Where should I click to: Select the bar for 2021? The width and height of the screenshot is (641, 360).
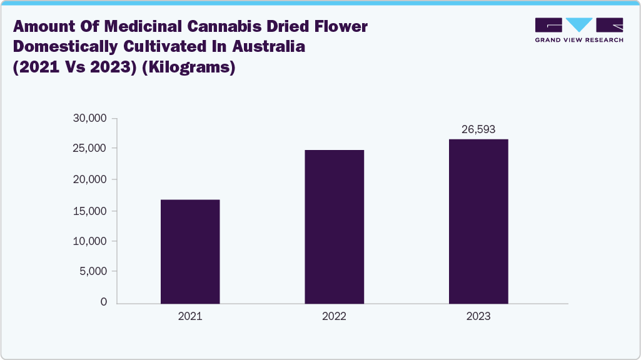[x=190, y=251]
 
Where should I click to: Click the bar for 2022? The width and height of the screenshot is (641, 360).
[x=334, y=226]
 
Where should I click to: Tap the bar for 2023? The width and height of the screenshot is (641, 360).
[x=478, y=221]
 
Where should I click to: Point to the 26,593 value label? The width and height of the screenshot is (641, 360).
[x=478, y=129]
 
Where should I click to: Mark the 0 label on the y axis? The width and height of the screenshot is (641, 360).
[x=103, y=302]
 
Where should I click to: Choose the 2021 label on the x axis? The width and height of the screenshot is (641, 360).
[x=190, y=317]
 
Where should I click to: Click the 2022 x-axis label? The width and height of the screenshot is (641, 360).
[x=334, y=317]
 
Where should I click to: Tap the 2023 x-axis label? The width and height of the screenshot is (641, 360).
[x=478, y=317]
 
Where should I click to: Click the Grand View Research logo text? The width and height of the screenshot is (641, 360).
[x=579, y=40]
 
